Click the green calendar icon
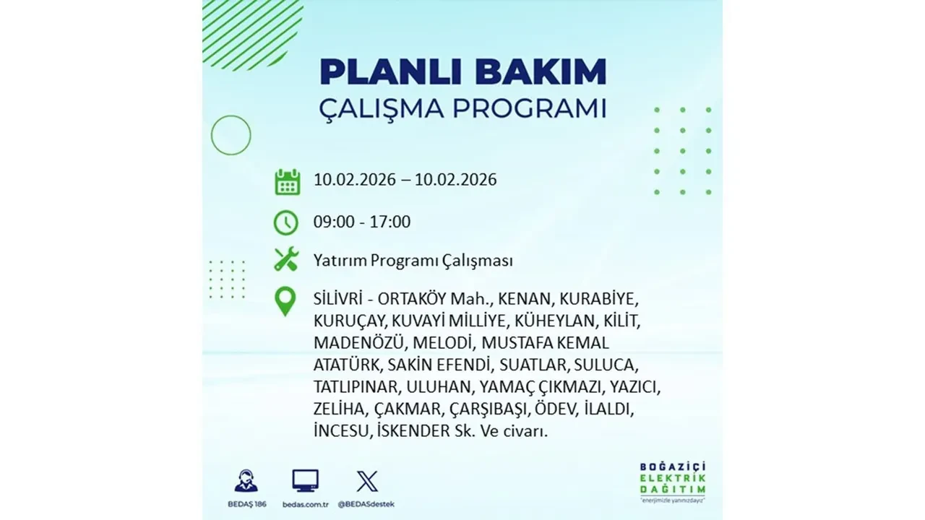(x=287, y=181)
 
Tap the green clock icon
(x=286, y=222)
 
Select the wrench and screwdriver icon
(x=286, y=259)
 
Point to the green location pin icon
(x=286, y=302)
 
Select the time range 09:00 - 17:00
(x=362, y=222)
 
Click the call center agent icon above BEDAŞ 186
(x=246, y=481)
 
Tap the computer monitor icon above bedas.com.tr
(x=305, y=481)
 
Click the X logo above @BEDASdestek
(x=367, y=481)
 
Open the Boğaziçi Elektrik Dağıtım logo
(x=672, y=479)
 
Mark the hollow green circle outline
(x=231, y=135)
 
